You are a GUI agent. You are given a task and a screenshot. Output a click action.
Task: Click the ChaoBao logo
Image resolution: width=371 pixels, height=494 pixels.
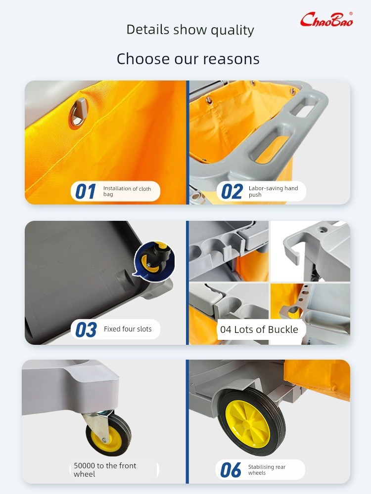coord(326,20)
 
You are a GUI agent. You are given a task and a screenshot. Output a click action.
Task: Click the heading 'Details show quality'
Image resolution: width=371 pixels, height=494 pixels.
coord(190,30)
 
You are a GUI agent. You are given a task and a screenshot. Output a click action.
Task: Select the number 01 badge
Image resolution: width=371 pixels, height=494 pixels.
coord(86,192)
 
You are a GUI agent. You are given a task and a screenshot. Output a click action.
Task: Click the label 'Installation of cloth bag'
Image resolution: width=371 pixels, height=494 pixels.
coord(127,191)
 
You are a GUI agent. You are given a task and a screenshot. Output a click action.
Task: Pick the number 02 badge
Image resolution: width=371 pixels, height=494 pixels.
coord(232,192)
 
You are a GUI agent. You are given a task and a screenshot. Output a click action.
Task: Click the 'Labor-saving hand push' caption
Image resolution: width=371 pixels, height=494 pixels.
coord(273,191)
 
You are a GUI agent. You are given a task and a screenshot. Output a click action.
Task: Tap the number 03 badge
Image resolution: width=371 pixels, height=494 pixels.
coord(86,329)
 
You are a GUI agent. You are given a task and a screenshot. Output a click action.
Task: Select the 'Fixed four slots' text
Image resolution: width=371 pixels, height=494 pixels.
coord(128,329)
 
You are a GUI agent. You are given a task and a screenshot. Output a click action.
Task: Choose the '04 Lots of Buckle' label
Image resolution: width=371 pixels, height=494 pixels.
coord(259,329)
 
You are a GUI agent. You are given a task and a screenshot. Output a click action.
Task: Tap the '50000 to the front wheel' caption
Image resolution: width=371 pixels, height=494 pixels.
coord(105,470)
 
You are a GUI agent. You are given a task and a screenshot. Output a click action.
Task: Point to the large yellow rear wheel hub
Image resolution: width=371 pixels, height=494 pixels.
coord(248,424)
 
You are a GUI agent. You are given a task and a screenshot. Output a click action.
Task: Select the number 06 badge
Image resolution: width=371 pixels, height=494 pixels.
coord(231,470)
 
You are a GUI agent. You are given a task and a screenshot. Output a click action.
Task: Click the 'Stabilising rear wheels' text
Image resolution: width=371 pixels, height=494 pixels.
coord(267,470)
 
